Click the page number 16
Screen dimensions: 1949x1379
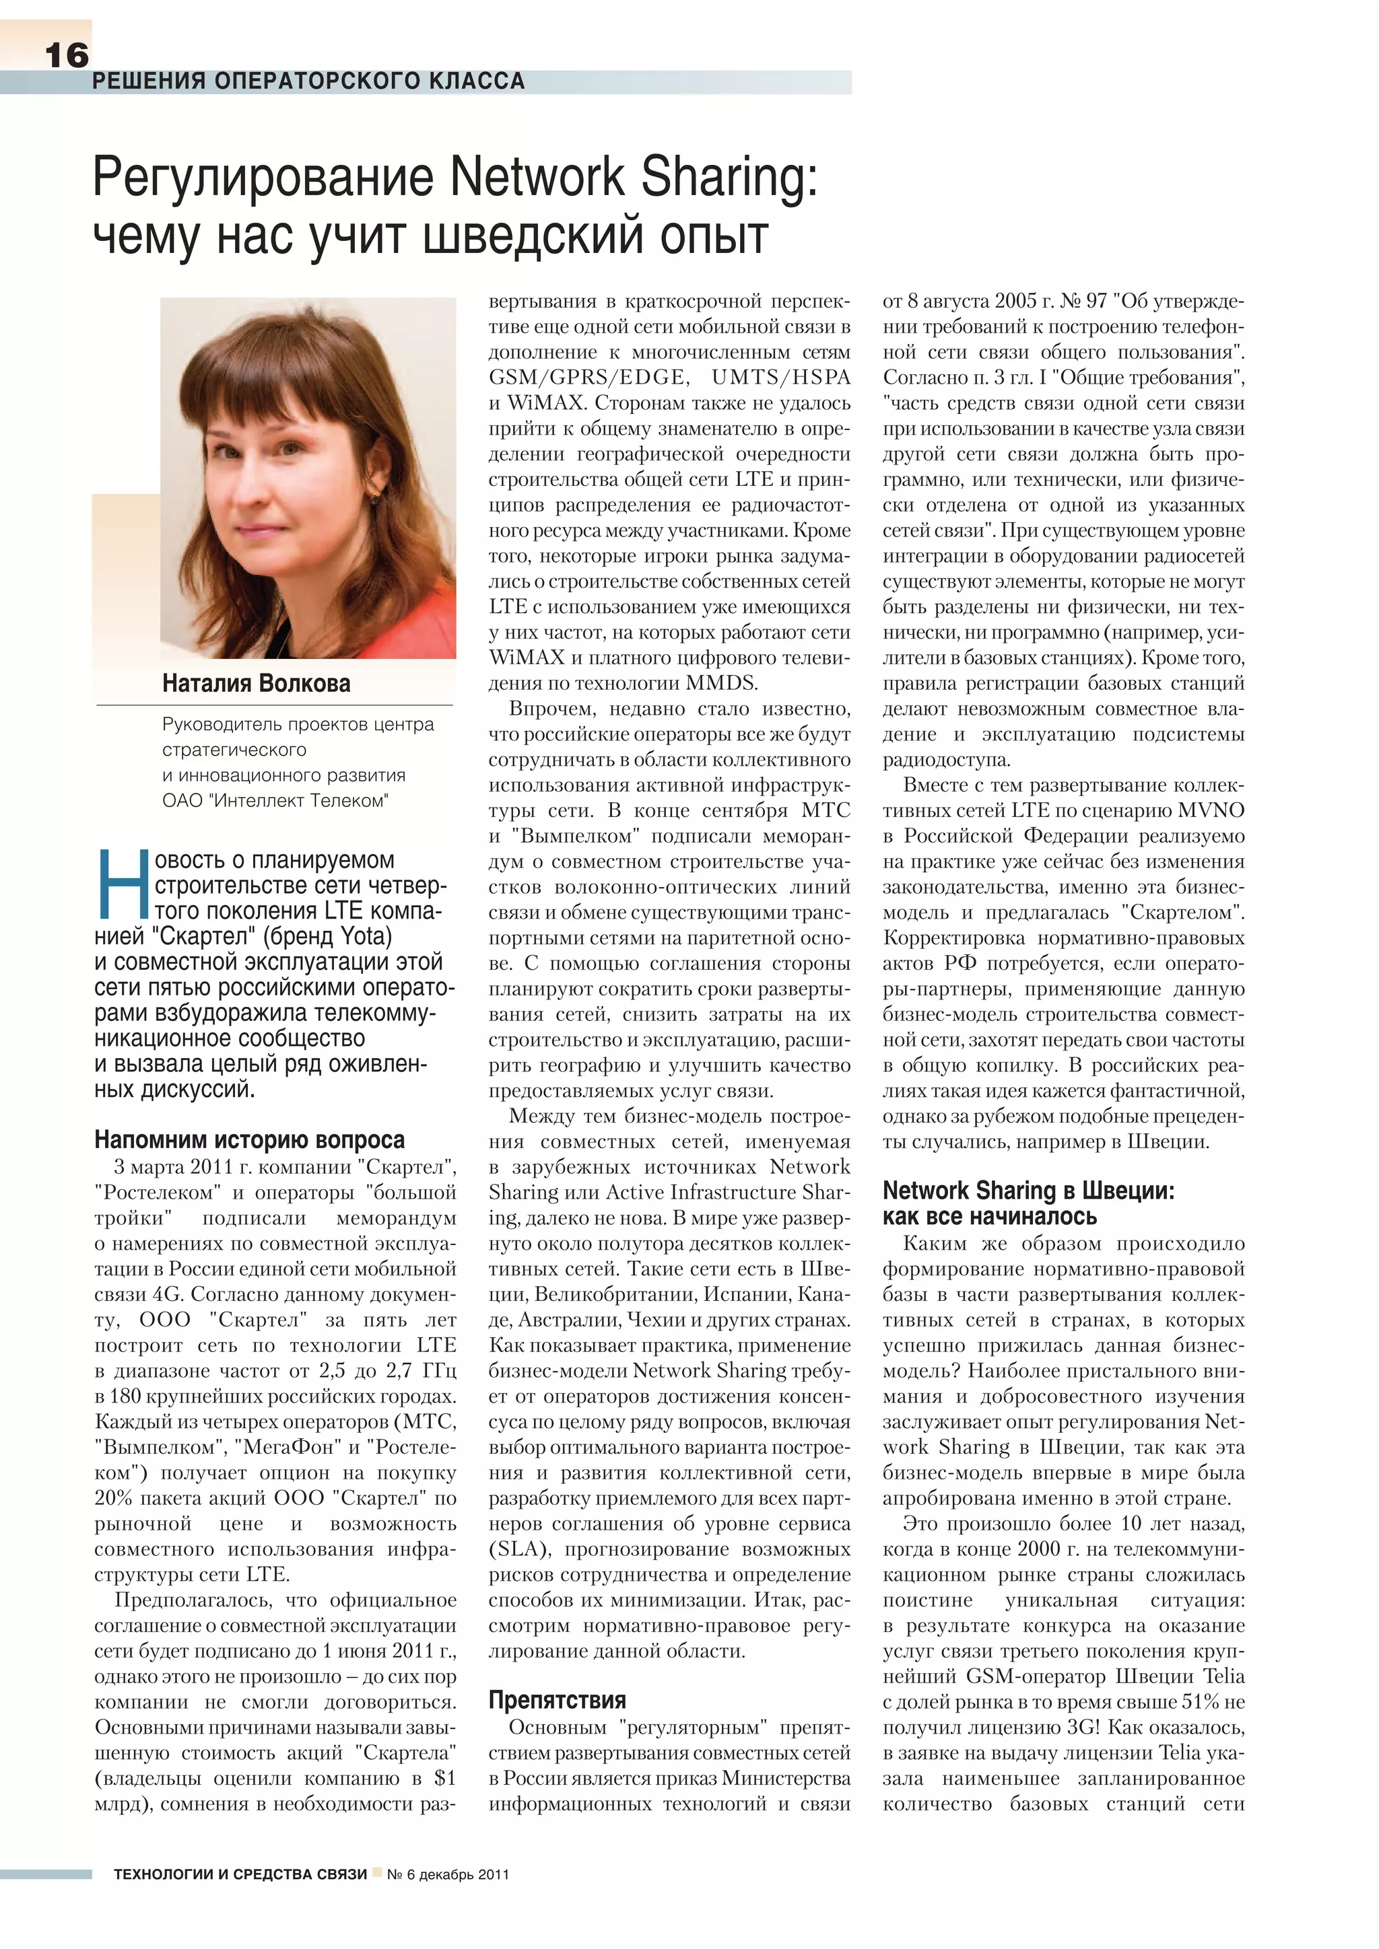(x=66, y=56)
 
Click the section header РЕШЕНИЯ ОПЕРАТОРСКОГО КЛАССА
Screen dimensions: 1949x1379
(x=308, y=81)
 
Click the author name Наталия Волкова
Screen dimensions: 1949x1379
(x=256, y=683)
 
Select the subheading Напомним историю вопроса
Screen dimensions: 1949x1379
(x=250, y=1139)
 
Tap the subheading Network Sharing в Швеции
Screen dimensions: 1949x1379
(x=1028, y=1191)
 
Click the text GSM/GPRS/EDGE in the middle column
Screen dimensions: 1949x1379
(x=586, y=378)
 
